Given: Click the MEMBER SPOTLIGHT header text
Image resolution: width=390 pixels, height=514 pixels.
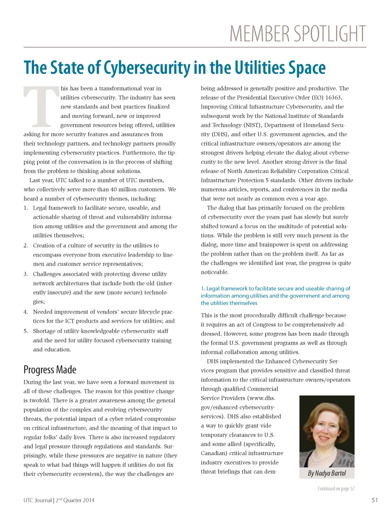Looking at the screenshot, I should tap(297, 34).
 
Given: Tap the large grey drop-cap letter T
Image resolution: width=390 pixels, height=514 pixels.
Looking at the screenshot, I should tap(41, 106).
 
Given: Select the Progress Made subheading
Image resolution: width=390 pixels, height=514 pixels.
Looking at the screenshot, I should tap(50, 370).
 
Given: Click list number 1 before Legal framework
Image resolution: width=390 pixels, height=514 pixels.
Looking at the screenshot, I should tap(26, 208).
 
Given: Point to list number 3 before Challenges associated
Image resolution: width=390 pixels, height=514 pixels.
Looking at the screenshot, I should tap(26, 274).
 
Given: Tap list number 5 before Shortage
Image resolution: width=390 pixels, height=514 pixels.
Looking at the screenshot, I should tap(26, 331).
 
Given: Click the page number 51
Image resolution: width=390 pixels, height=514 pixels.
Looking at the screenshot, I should tap(375, 500).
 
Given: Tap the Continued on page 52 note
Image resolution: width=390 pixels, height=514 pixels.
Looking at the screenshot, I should tap(336, 488).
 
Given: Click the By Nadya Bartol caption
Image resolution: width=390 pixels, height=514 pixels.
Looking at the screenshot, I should tap(327, 473).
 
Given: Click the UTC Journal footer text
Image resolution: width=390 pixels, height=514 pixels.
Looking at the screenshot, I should tap(37, 500).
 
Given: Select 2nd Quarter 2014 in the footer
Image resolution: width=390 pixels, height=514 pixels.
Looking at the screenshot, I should tap(75, 500).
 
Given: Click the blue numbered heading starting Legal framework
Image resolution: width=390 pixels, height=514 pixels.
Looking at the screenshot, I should tap(275, 296).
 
